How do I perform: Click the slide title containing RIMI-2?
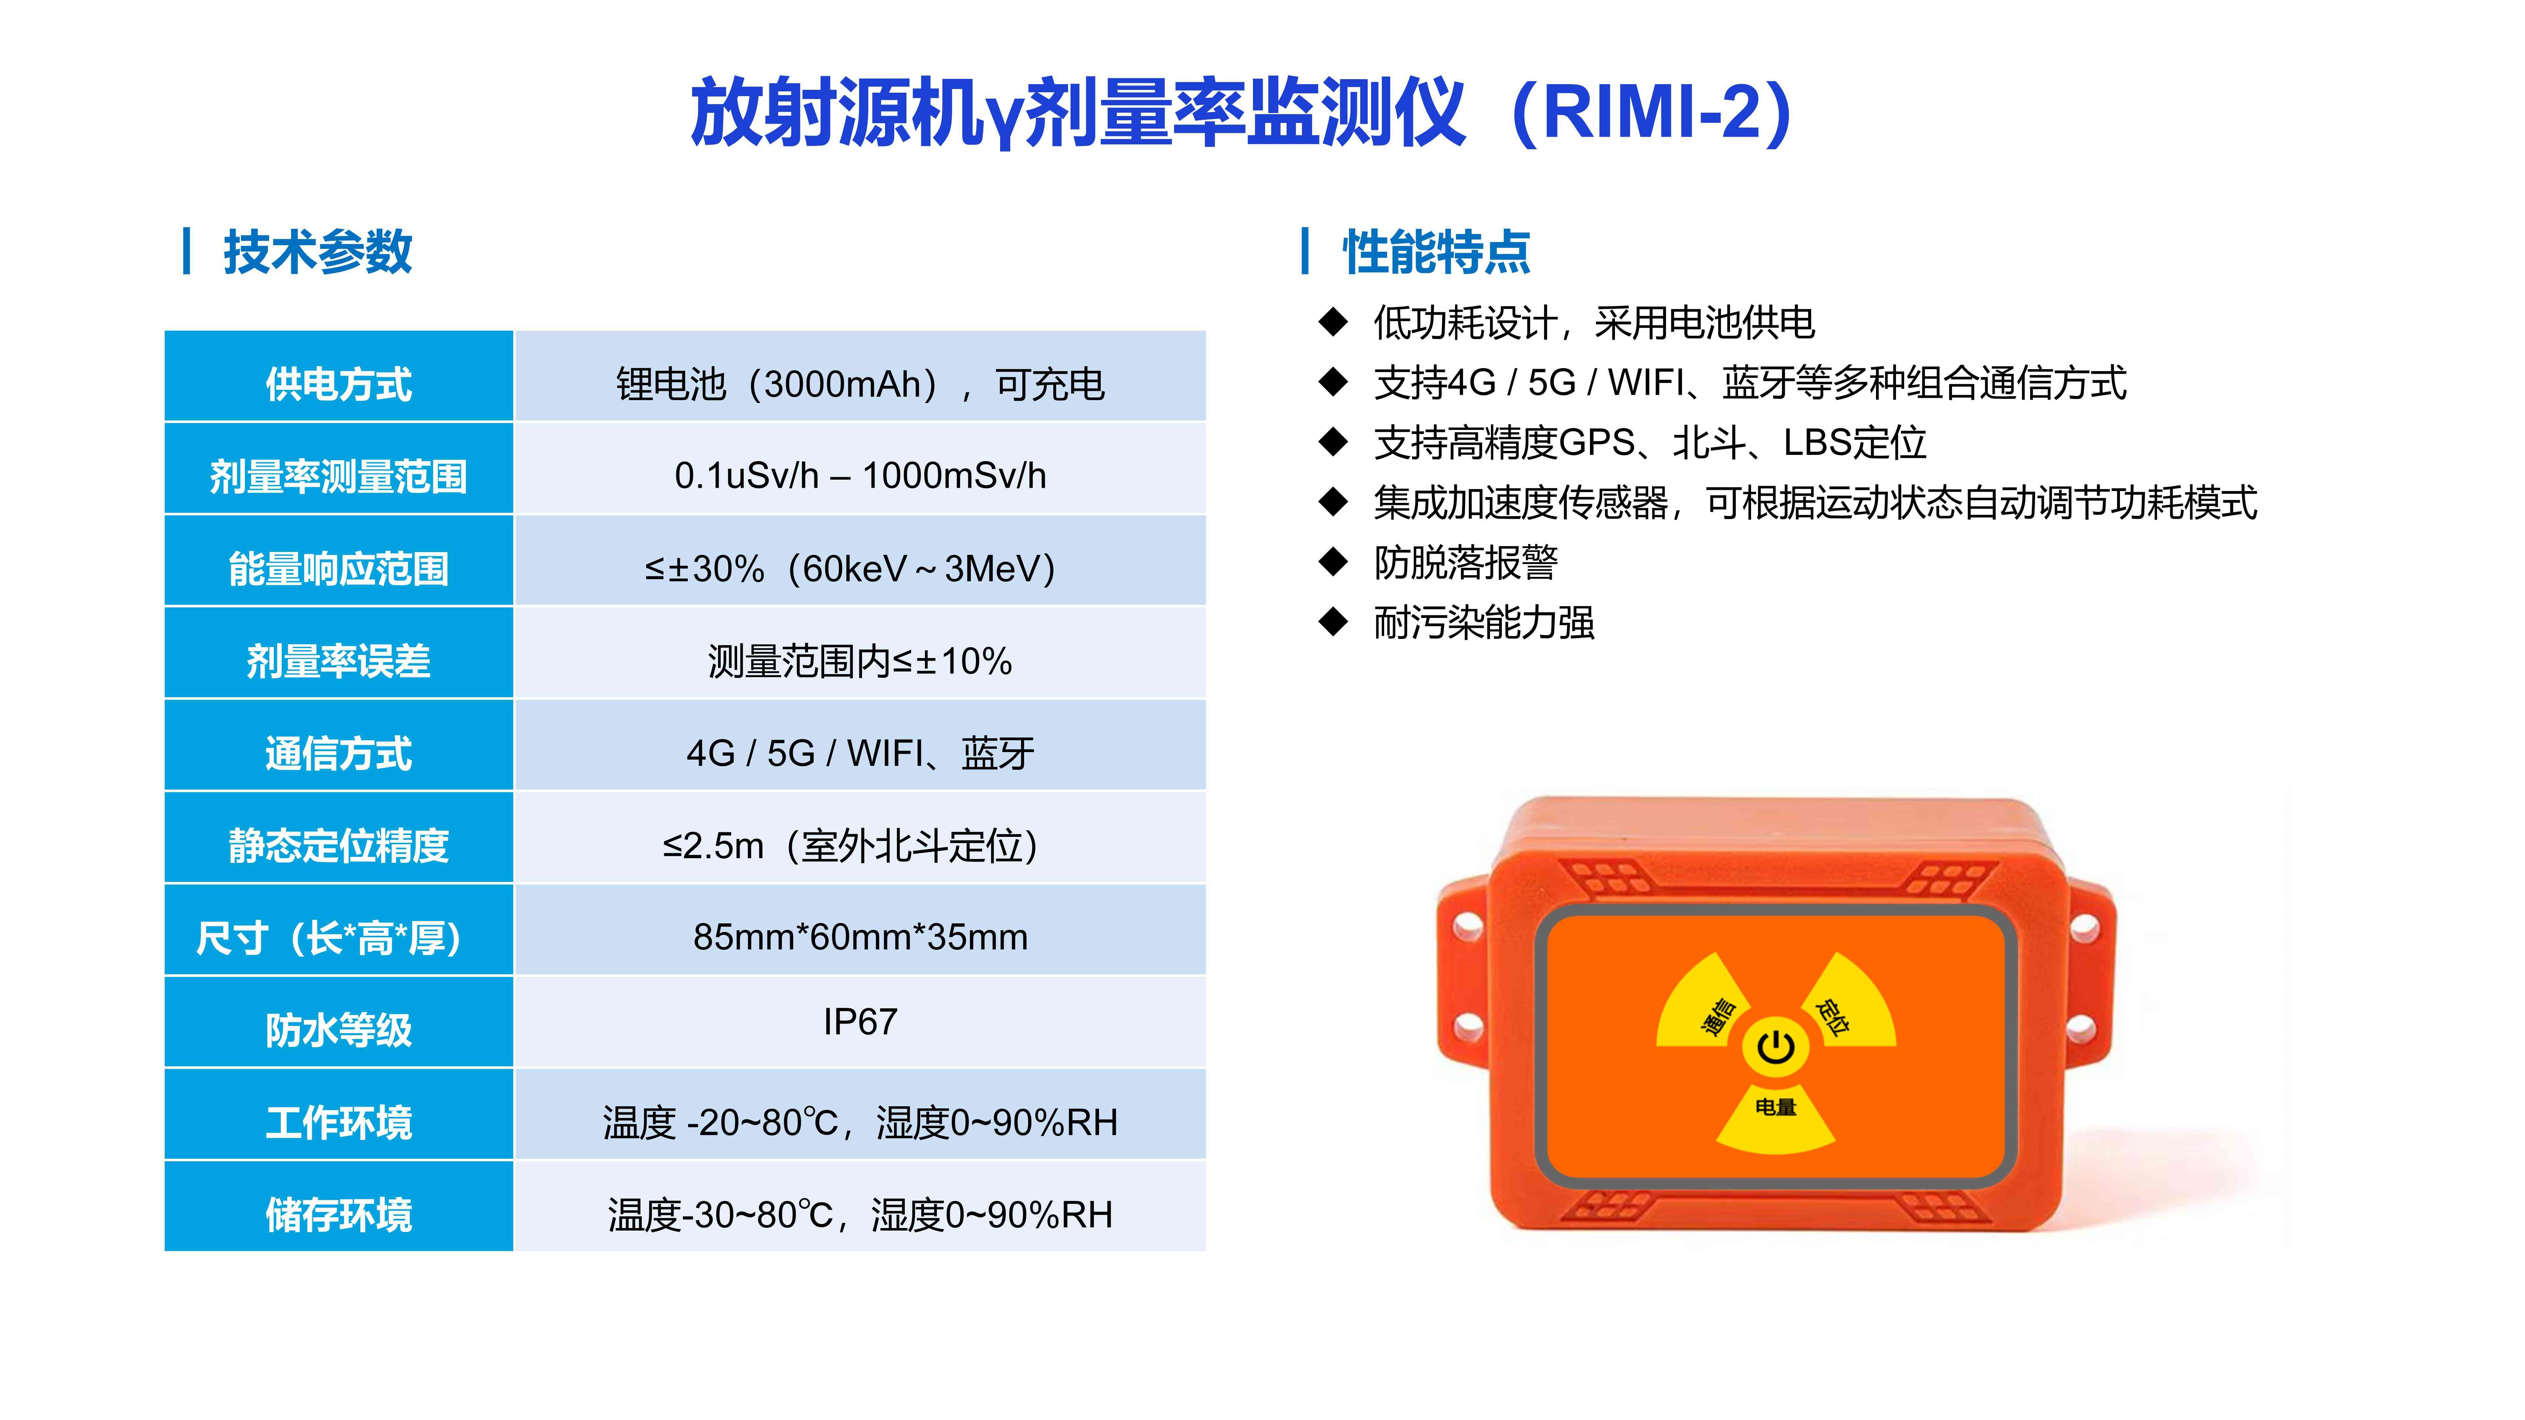pyautogui.click(x=1242, y=113)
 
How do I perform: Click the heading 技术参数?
pyautogui.click(x=318, y=252)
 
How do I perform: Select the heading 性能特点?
pyautogui.click(x=1436, y=252)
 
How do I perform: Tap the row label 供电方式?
pyautogui.click(x=338, y=383)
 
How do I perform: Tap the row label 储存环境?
pyautogui.click(x=338, y=1214)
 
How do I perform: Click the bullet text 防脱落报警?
pyautogui.click(x=1465, y=562)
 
